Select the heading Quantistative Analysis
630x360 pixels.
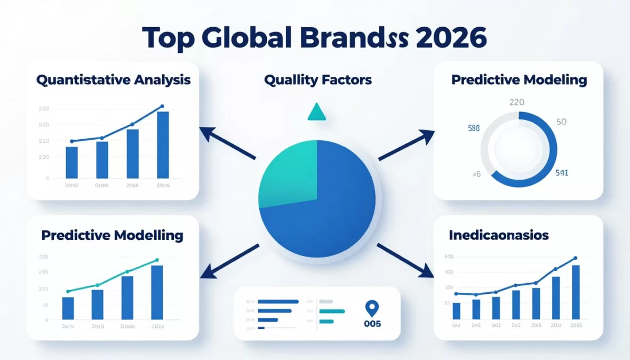click(x=113, y=80)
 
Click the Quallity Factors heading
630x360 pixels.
click(x=318, y=80)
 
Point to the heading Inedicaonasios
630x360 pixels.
click(x=499, y=235)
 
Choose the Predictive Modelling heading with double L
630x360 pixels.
click(x=112, y=235)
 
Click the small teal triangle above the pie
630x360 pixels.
click(x=316, y=112)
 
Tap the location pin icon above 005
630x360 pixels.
click(x=371, y=308)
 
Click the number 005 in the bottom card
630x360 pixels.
click(x=371, y=324)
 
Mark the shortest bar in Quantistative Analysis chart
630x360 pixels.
click(x=71, y=162)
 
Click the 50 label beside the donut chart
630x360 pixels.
click(x=561, y=122)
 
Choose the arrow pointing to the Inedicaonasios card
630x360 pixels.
click(x=405, y=260)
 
